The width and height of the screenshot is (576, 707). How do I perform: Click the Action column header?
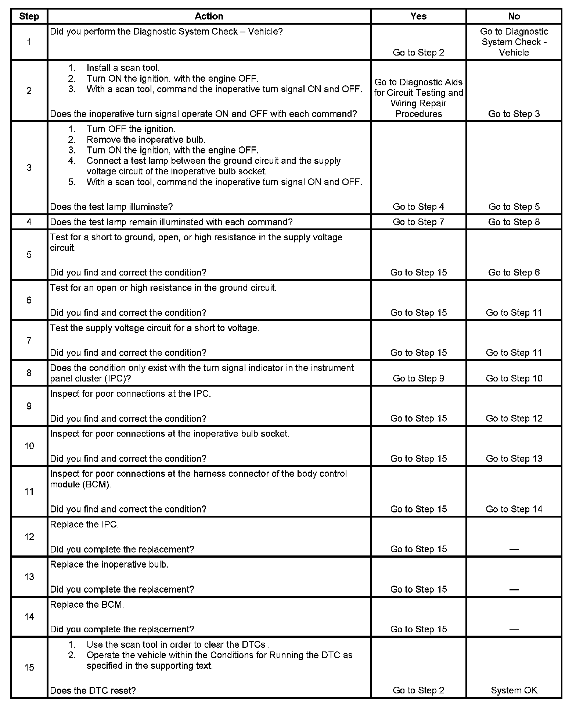coord(209,16)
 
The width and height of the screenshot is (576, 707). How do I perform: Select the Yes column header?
coord(418,16)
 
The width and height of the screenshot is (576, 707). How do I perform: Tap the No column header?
coord(514,16)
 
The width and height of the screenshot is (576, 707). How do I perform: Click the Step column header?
coord(29,16)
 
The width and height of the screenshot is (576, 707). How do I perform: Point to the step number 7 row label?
coord(29,340)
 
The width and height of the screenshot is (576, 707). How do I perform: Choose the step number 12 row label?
coord(29,537)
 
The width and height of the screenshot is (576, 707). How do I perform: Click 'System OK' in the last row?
coord(514,690)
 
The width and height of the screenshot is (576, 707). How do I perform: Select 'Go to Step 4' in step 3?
coord(418,207)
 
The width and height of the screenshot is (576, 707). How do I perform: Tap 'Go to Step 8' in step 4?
coord(514,222)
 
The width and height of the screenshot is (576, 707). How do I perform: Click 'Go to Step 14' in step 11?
coord(514,509)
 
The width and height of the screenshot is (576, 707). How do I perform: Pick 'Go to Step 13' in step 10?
coord(514,458)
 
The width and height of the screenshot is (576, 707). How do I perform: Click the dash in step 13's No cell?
coord(514,590)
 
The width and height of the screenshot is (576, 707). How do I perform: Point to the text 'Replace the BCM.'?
coord(87,604)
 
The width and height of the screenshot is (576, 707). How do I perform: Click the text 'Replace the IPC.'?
coord(84,524)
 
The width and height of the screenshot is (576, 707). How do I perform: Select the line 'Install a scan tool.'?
coord(123,68)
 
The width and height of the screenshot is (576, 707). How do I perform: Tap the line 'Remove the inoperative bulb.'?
coord(145,140)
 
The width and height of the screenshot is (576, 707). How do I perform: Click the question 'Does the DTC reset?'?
coord(93,690)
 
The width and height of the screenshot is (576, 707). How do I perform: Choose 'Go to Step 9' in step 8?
coord(418,378)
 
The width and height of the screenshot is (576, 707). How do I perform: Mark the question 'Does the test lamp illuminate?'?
coord(111,207)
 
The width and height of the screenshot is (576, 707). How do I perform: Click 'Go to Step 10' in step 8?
coord(514,378)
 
